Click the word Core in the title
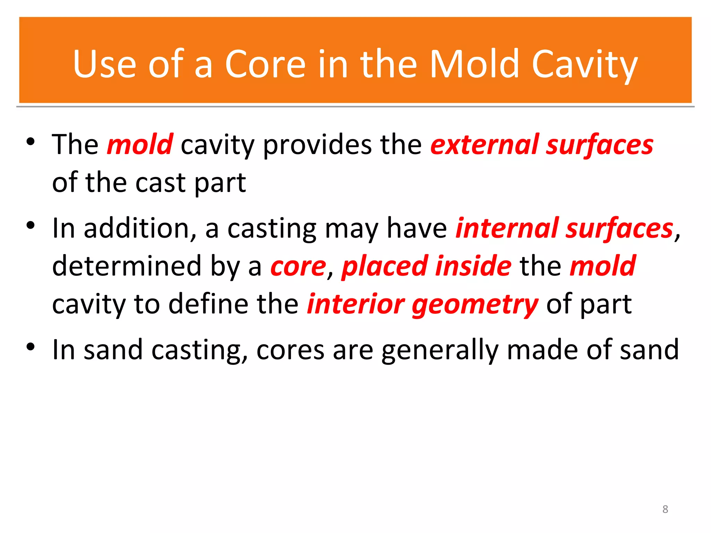tap(266, 64)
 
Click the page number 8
tap(665, 509)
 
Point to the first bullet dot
tap(31, 142)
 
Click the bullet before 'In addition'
tap(31, 226)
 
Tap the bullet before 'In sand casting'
tap(31, 347)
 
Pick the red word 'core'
tap(298, 266)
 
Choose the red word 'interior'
tap(356, 304)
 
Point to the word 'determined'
tap(127, 266)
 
